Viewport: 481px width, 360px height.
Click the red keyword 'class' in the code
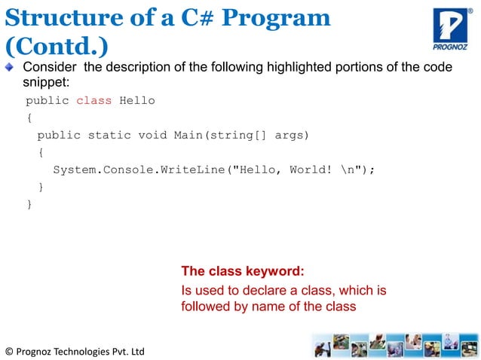click(93, 100)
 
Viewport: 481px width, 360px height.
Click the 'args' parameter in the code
click(289, 135)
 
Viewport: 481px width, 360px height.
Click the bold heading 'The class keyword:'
click(243, 271)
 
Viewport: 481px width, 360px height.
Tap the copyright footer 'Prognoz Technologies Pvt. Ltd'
click(74, 351)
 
